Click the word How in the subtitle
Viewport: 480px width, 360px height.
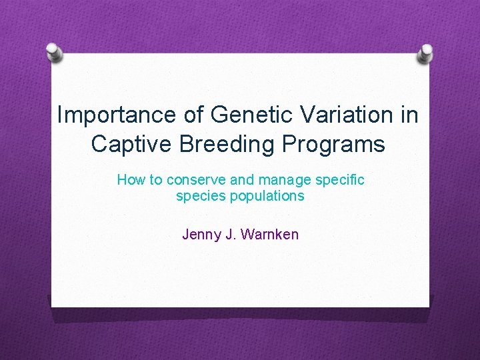130,180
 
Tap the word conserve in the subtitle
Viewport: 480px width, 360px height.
192,180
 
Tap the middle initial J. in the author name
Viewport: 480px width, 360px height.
228,235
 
